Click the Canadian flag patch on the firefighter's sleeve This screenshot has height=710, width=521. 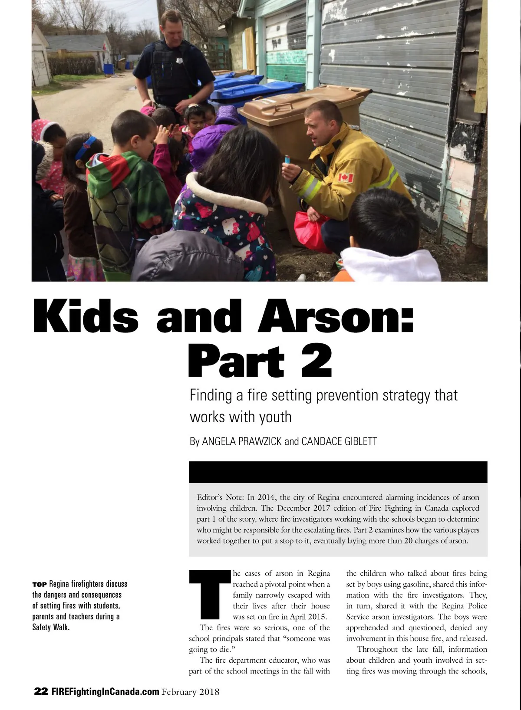point(346,177)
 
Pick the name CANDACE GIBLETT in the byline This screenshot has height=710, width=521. point(339,441)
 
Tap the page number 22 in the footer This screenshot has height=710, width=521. point(41,691)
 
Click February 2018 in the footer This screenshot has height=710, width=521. point(191,692)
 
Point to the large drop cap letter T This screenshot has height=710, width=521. point(210,595)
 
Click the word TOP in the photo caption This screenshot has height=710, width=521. point(40,584)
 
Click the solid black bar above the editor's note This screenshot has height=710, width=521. point(338,472)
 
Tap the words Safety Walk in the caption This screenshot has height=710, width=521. point(51,627)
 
